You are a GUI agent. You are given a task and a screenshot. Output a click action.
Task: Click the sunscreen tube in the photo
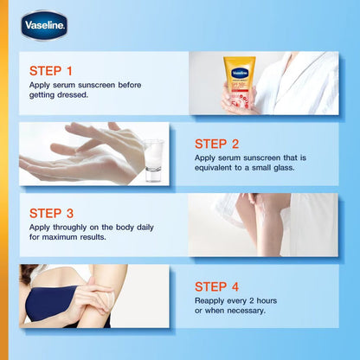pos(235,83)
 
